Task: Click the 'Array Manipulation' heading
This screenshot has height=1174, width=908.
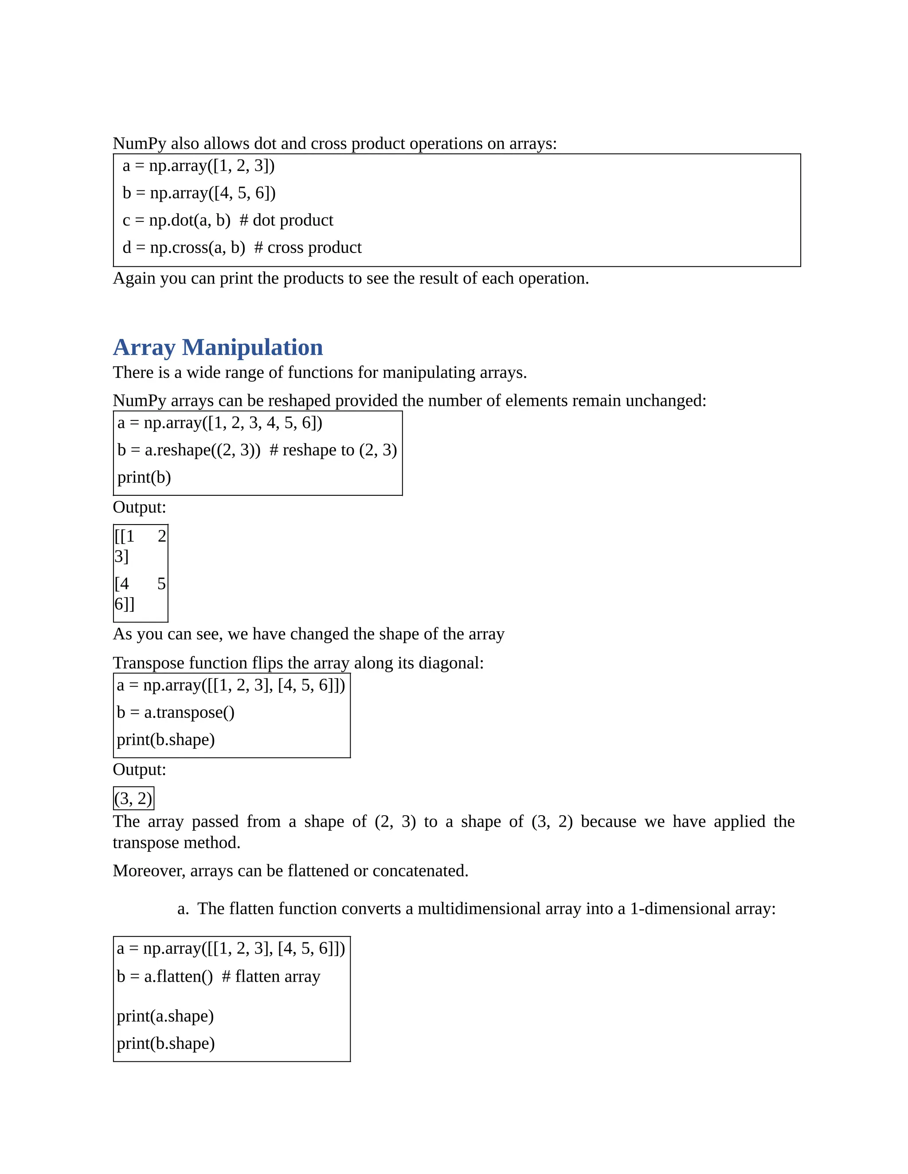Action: click(x=218, y=347)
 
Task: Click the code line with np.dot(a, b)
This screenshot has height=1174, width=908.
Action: click(x=227, y=220)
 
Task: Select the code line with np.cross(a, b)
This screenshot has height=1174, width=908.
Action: click(x=242, y=248)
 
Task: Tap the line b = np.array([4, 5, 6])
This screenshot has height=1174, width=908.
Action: click(x=199, y=193)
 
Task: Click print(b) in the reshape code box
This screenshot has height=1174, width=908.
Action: click(x=144, y=477)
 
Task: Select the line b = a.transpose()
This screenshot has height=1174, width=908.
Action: click(x=176, y=713)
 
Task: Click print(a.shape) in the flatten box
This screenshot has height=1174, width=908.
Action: click(x=165, y=1016)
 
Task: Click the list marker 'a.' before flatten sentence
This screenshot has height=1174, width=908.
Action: click(x=183, y=909)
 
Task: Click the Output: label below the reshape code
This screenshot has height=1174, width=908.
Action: click(x=139, y=507)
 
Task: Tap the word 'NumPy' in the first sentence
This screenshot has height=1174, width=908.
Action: click(x=139, y=144)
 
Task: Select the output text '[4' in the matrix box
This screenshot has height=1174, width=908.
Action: click(x=121, y=584)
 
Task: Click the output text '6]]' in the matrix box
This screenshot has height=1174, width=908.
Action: click(x=124, y=604)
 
